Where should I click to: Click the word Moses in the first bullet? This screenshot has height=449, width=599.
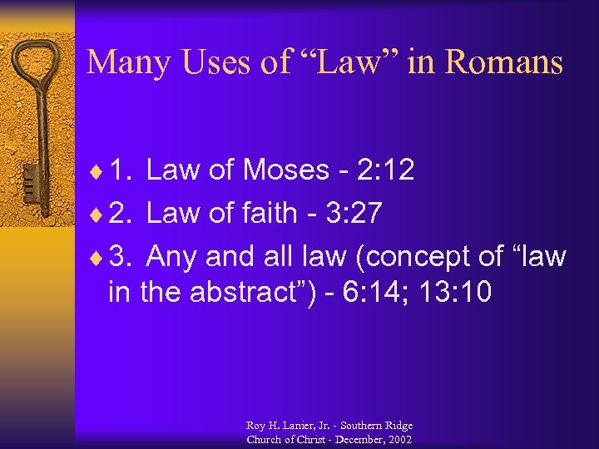[x=285, y=170]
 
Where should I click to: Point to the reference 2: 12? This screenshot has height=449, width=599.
[x=384, y=170]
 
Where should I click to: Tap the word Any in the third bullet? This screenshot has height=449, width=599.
[x=172, y=257]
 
